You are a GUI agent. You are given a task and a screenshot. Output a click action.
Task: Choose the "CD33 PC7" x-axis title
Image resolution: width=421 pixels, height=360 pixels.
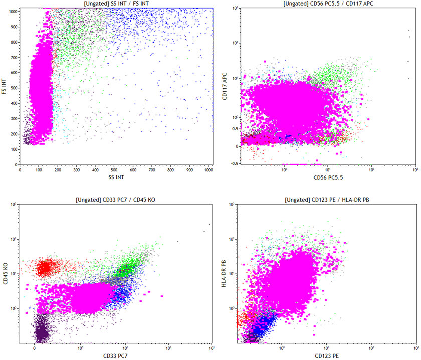click(115, 356)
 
